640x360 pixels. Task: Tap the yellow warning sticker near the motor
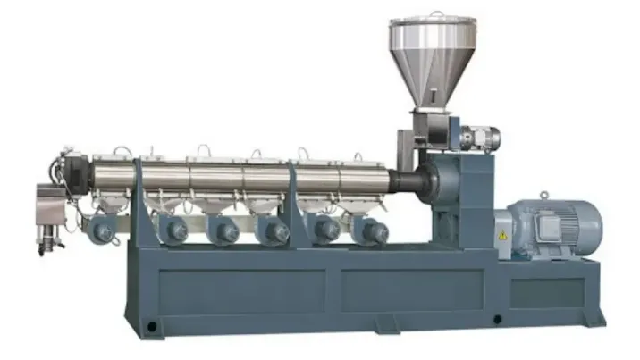502,234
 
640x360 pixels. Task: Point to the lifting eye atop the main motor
543,194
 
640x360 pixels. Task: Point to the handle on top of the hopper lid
434,13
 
